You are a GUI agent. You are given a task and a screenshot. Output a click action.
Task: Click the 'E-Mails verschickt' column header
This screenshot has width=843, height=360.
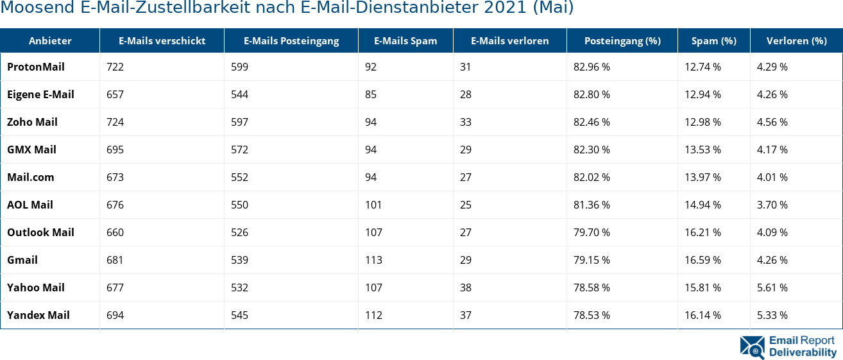click(x=162, y=40)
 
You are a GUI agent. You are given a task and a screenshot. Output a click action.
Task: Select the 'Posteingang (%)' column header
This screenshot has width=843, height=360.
click(x=622, y=40)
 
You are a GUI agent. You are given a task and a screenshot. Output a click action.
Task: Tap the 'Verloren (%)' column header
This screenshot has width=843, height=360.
click(x=796, y=40)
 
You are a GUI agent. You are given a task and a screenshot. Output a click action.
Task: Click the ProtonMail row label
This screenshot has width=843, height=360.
click(x=36, y=67)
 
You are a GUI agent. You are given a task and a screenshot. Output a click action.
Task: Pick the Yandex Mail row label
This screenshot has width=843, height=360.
click(x=38, y=315)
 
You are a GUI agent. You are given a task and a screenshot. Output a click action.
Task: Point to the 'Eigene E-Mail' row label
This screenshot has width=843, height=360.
click(x=40, y=94)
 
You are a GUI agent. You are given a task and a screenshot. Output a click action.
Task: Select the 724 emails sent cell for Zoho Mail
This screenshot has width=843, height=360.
click(x=115, y=122)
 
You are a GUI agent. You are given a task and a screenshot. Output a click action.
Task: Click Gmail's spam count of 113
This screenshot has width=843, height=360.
click(x=373, y=260)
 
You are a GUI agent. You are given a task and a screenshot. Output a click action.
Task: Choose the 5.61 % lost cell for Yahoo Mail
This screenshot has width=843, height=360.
click(x=772, y=287)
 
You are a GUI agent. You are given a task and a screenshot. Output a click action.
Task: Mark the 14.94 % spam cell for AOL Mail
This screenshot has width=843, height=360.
click(x=702, y=205)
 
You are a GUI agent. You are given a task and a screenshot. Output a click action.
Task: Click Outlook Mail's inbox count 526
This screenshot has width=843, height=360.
click(x=239, y=232)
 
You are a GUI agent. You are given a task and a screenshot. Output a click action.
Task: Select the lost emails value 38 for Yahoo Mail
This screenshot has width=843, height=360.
click(x=466, y=287)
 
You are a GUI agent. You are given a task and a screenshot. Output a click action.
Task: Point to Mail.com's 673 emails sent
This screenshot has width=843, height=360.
click(x=115, y=177)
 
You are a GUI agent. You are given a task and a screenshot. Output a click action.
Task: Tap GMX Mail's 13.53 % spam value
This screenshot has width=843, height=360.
click(x=702, y=150)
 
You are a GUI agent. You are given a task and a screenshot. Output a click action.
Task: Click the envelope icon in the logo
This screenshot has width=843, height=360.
click(x=752, y=347)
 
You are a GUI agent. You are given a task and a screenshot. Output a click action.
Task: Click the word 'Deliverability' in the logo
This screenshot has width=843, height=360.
click(x=803, y=352)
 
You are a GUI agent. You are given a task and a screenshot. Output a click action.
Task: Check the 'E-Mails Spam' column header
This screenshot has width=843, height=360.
click(x=405, y=40)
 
